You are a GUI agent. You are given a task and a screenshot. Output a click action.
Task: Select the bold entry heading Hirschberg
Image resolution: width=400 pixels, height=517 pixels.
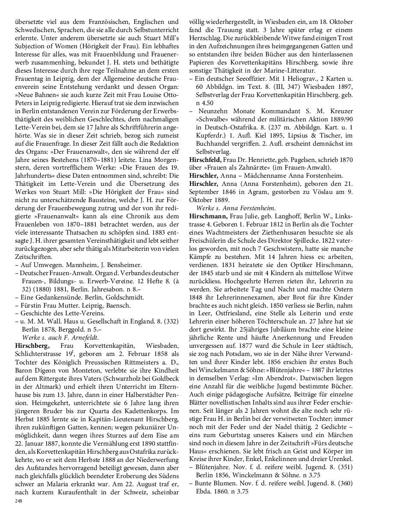(32, 345)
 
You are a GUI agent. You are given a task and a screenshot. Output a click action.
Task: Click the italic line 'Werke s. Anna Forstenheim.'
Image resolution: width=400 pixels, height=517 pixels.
(236, 208)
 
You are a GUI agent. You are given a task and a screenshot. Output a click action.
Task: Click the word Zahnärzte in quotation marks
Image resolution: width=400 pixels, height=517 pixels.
(266, 167)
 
